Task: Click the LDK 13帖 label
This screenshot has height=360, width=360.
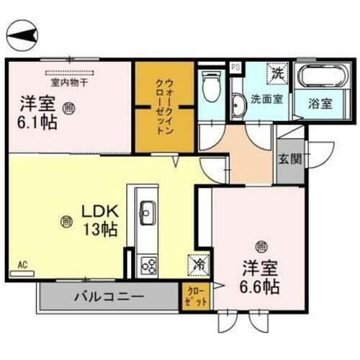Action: pyautogui.click(x=98, y=221)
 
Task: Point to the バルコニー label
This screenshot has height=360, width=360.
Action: pyautogui.click(x=108, y=296)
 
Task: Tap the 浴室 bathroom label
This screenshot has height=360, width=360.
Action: pyautogui.click(x=320, y=103)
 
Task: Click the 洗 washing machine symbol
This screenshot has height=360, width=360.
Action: pyautogui.click(x=277, y=73)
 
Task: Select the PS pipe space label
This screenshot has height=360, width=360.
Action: pyautogui.click(x=235, y=67)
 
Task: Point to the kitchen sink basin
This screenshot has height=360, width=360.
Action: pyautogui.click(x=147, y=214)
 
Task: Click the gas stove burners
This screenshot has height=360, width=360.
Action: pyautogui.click(x=149, y=266)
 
